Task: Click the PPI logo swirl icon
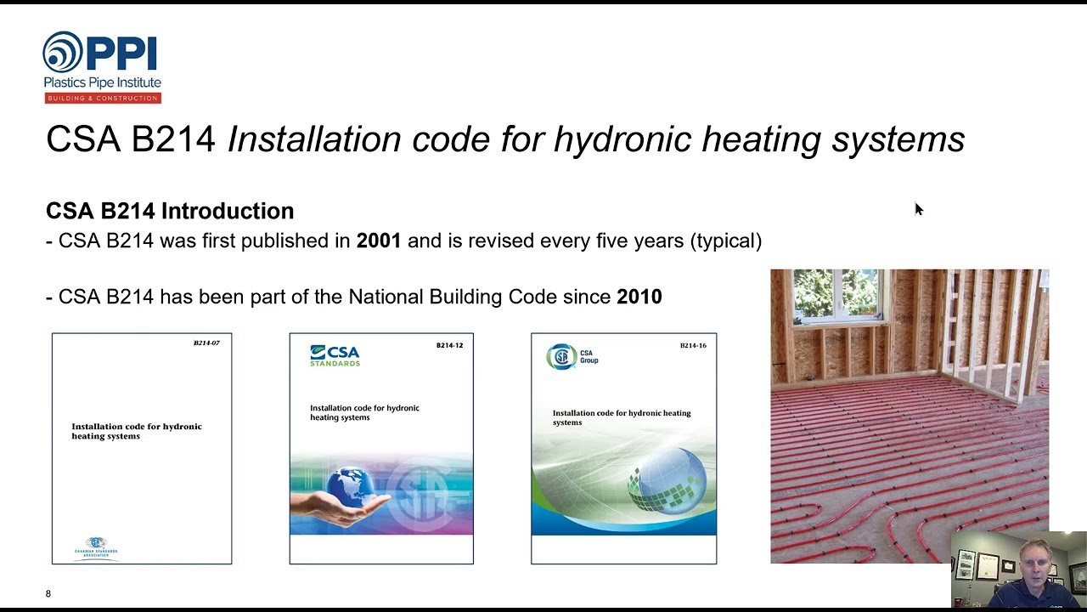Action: pyautogui.click(x=62, y=53)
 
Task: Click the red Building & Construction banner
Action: pyautogui.click(x=103, y=98)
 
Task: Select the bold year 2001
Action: pyautogui.click(x=379, y=241)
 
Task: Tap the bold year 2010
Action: pyautogui.click(x=639, y=297)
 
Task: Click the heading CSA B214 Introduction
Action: pyautogui.click(x=170, y=211)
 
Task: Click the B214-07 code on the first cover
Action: pyautogui.click(x=206, y=343)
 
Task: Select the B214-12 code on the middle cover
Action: pyautogui.click(x=449, y=345)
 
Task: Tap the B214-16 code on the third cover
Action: pyautogui.click(x=693, y=345)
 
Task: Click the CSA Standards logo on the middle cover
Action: pyautogui.click(x=335, y=355)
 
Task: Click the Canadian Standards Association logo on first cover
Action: pyautogui.click(x=96, y=547)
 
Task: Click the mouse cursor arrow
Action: pyautogui.click(x=918, y=209)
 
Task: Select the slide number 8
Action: pyautogui.click(x=48, y=593)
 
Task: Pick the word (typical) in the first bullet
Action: pyautogui.click(x=726, y=241)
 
